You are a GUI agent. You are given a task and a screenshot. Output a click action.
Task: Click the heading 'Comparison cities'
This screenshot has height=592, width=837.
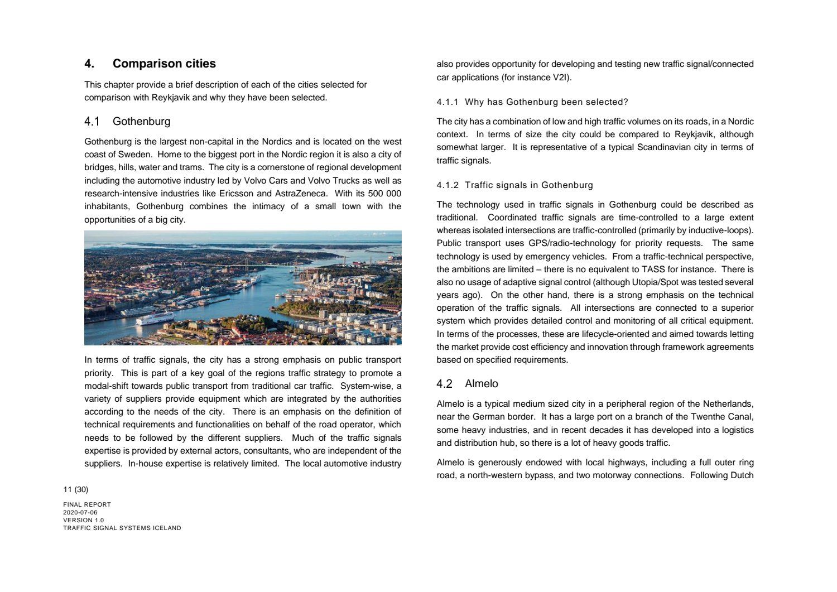(164, 64)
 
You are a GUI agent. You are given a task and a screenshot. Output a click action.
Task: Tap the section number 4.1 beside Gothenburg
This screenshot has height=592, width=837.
(92, 122)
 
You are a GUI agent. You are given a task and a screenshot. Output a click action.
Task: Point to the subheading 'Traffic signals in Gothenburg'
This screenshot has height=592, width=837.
(528, 185)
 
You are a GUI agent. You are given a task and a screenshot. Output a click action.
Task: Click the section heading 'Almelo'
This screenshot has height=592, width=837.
(481, 384)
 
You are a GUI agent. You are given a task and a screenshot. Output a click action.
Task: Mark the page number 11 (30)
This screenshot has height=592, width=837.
(76, 490)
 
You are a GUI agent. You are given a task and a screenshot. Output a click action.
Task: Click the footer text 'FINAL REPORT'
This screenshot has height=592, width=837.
(87, 504)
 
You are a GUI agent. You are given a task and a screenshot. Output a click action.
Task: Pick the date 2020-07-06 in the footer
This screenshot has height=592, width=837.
(80, 512)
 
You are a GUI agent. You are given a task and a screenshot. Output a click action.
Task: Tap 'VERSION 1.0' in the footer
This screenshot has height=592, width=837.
(84, 520)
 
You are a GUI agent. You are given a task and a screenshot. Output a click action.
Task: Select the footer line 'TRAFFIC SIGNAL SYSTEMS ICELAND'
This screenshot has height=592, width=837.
(122, 528)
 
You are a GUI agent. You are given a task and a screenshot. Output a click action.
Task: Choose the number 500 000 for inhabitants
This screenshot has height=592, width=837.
(384, 194)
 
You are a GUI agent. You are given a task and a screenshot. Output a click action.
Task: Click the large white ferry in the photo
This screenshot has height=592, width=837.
(155, 319)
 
